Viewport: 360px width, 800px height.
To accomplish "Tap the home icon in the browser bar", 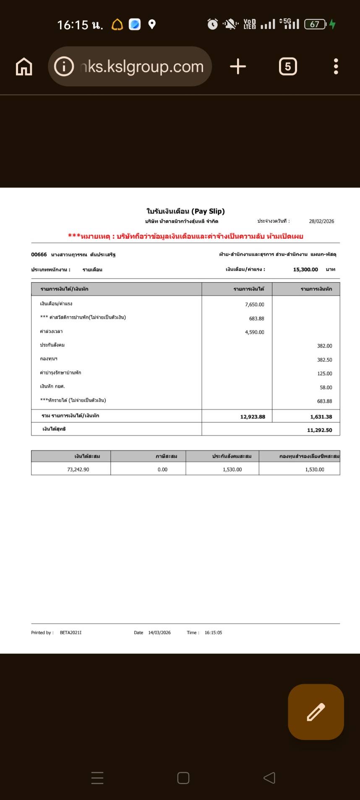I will (24, 67).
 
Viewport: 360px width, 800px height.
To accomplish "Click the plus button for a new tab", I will (238, 67).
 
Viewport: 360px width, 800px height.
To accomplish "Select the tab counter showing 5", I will (288, 67).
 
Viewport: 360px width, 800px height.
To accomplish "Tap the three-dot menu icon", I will (336, 67).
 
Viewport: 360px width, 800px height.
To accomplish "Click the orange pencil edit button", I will (316, 712).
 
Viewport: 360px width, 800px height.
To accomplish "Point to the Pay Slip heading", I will (185, 211).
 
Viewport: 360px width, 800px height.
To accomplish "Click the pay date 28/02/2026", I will (321, 221).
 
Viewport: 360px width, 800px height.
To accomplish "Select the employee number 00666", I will (39, 255).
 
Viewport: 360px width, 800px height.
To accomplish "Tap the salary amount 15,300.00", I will (305, 270).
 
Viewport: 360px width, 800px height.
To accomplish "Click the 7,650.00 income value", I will (255, 305).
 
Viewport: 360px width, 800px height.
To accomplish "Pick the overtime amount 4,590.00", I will (255, 332).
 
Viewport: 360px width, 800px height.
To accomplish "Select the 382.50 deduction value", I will (324, 360).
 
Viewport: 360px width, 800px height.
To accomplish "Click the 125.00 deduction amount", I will (324, 374).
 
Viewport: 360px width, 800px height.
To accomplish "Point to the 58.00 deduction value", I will (326, 388).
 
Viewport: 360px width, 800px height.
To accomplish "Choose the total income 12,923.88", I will (253, 417).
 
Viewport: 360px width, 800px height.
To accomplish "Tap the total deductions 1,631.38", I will (321, 417).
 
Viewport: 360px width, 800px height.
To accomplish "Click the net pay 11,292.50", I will (319, 430).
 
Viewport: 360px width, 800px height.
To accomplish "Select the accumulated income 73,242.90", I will (78, 469).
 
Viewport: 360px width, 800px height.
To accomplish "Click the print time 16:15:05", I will (213, 633).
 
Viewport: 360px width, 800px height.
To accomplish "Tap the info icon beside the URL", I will (64, 67).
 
